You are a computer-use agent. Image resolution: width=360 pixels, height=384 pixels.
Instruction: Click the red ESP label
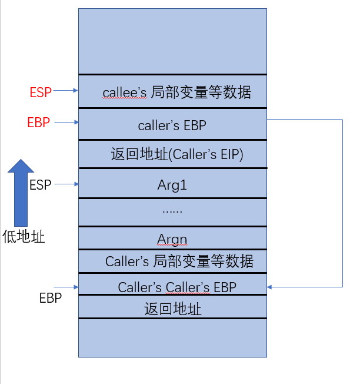pyautogui.click(x=41, y=92)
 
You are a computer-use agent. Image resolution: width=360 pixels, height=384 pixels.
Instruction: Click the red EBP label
pyautogui.click(x=39, y=123)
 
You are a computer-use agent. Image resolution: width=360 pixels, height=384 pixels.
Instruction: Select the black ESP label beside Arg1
pyautogui.click(x=41, y=184)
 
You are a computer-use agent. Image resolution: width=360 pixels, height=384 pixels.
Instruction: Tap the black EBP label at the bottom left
pyautogui.click(x=51, y=297)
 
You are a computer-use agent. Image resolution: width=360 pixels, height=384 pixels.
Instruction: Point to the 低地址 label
pyautogui.click(x=23, y=237)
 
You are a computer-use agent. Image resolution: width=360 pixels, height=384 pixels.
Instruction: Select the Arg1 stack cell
pyautogui.click(x=172, y=184)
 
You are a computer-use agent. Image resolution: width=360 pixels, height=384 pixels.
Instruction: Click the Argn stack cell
pyautogui.click(x=172, y=239)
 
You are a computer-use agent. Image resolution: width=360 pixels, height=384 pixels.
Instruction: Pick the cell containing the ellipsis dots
pyautogui.click(x=172, y=211)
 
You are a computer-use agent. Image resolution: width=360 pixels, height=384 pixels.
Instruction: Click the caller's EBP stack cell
pyautogui.click(x=172, y=125)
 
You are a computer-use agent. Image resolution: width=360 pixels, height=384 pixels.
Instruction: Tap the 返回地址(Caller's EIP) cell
pyautogui.click(x=172, y=155)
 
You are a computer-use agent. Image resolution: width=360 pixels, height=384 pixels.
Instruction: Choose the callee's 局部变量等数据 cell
pyautogui.click(x=172, y=92)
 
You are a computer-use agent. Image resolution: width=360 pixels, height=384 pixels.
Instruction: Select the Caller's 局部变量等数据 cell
pyautogui.click(x=172, y=261)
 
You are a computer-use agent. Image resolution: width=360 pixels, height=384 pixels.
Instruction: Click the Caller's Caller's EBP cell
pyautogui.click(x=172, y=287)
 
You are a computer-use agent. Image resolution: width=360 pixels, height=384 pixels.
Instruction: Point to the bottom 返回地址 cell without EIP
pyautogui.click(x=172, y=308)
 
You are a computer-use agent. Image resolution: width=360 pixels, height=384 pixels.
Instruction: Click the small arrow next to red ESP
pyautogui.click(x=65, y=91)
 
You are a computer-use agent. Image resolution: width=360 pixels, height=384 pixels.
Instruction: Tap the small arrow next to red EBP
pyautogui.click(x=65, y=122)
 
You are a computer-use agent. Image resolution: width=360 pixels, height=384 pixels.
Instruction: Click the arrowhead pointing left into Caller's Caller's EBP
pyautogui.click(x=270, y=287)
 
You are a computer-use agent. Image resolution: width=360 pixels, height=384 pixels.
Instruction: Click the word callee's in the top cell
pyautogui.click(x=124, y=92)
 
